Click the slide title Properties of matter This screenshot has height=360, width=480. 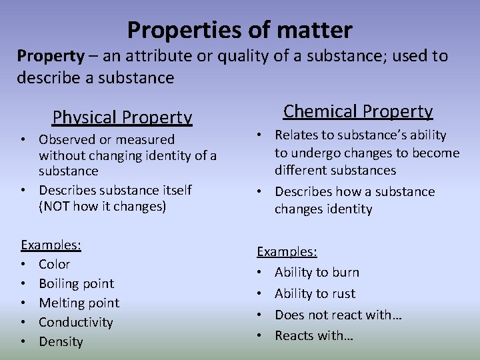[x=239, y=30]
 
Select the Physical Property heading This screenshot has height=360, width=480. [x=122, y=117]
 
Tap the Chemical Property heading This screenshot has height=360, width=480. [x=358, y=111]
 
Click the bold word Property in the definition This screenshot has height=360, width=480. [x=51, y=56]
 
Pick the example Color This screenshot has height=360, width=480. [x=54, y=264]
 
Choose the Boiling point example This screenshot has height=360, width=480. [x=76, y=283]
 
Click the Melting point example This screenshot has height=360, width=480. [x=79, y=303]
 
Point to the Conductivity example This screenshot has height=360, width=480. [x=76, y=322]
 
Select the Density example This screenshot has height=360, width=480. [x=61, y=341]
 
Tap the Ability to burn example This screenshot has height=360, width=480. [x=317, y=272]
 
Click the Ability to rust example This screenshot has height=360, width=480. [x=315, y=293]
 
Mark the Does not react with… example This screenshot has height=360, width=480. [x=338, y=315]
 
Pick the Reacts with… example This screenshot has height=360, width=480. [x=313, y=335]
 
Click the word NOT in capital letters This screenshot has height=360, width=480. [x=53, y=207]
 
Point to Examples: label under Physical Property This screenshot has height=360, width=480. [x=51, y=245]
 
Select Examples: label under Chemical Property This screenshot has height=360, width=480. [x=287, y=251]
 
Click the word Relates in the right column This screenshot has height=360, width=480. [x=294, y=135]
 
